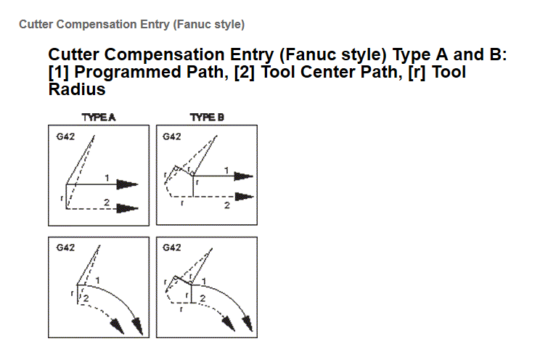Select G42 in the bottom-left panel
click(x=64, y=247)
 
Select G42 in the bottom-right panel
click(x=172, y=247)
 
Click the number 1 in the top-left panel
click(x=107, y=178)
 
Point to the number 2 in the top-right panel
click(x=226, y=206)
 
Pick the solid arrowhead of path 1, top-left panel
click(x=129, y=184)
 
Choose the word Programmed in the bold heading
click(x=123, y=73)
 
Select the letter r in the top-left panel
click(x=62, y=197)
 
